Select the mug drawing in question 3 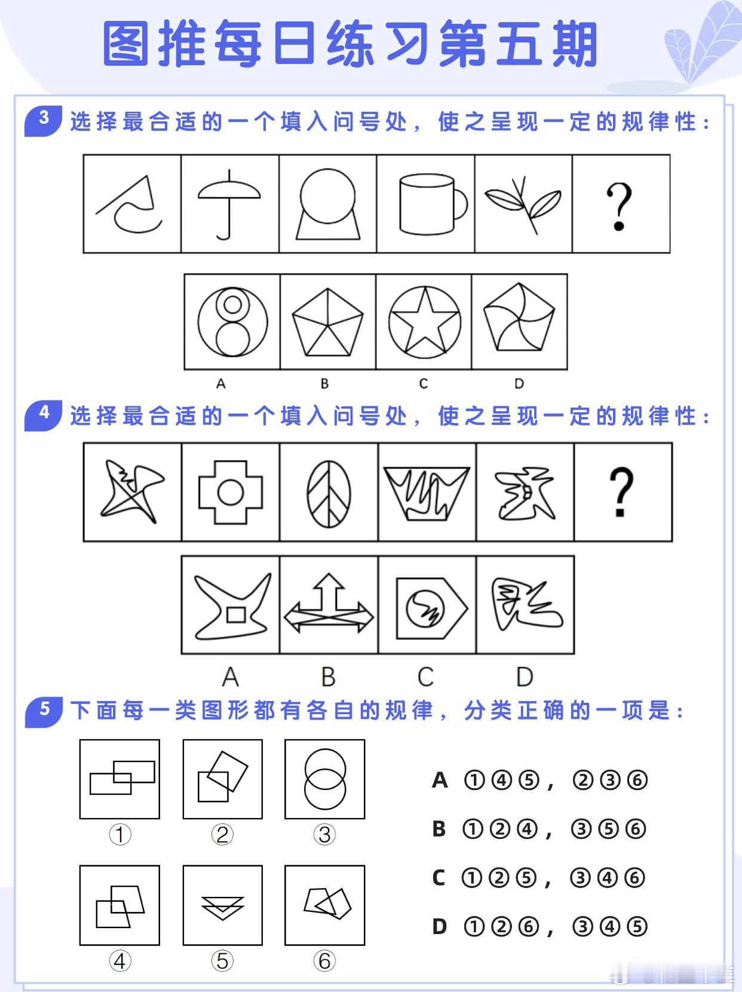(x=433, y=204)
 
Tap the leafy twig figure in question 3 (x=523, y=204)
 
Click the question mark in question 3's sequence (x=619, y=206)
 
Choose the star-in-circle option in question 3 (x=425, y=322)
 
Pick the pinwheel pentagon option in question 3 (x=519, y=317)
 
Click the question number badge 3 (x=44, y=121)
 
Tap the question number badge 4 (x=44, y=415)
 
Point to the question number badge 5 (x=44, y=711)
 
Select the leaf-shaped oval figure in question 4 (x=329, y=494)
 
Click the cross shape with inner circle (x=231, y=492)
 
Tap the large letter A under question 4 (x=231, y=676)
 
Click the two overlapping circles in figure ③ (x=325, y=779)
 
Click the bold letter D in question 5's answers (x=440, y=926)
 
